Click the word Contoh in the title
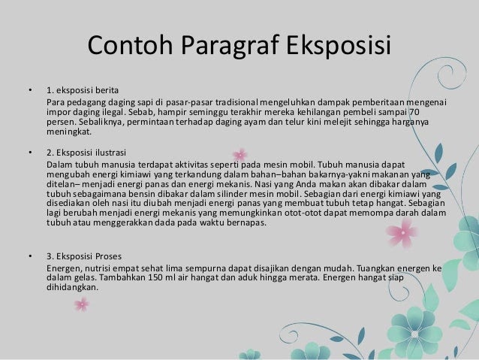point(131,44)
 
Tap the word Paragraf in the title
point(230,46)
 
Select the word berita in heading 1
point(107,90)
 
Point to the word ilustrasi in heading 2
point(110,153)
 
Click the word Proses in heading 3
point(108,256)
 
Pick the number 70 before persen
point(414,112)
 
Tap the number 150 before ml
point(155,278)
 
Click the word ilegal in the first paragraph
point(113,112)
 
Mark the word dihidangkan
point(72,287)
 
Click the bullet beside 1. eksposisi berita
point(30,90)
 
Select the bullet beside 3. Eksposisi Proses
point(30,256)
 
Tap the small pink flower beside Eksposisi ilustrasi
point(240,155)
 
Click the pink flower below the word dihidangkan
point(82,304)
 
